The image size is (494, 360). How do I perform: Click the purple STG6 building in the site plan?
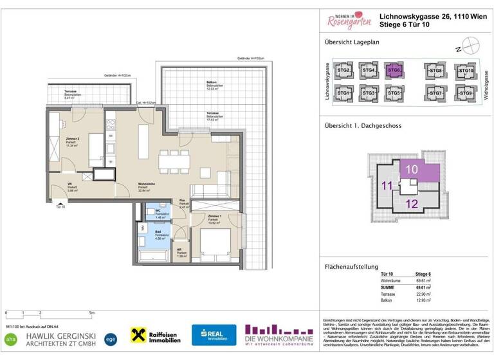(x=394, y=70)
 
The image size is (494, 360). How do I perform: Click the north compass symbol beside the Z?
(x=473, y=48)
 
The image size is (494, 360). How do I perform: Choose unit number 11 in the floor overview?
(x=387, y=186)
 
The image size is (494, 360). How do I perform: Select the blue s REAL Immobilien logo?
(x=214, y=334)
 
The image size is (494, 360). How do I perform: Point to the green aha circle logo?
(x=10, y=338)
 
